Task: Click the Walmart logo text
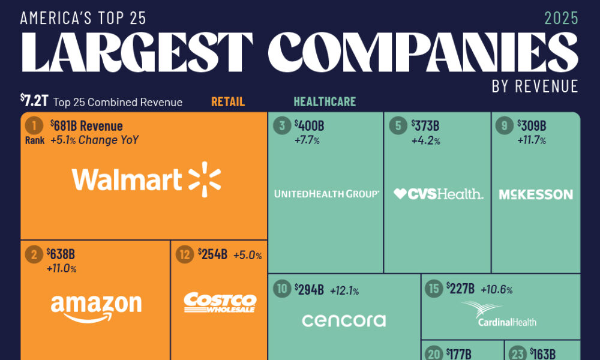click(x=127, y=179)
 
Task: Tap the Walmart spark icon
click(x=205, y=179)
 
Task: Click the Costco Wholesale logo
click(x=220, y=302)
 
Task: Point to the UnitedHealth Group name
click(x=326, y=194)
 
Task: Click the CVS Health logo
click(x=438, y=194)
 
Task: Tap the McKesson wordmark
click(x=536, y=194)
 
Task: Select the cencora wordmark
click(x=343, y=320)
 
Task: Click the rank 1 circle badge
click(x=34, y=126)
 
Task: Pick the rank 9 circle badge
click(x=504, y=126)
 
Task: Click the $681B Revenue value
click(x=86, y=126)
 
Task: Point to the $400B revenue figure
click(x=310, y=126)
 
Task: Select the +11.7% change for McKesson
click(x=532, y=140)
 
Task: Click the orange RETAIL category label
click(x=228, y=102)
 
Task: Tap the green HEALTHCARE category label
click(x=325, y=102)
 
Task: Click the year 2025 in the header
click(x=561, y=18)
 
